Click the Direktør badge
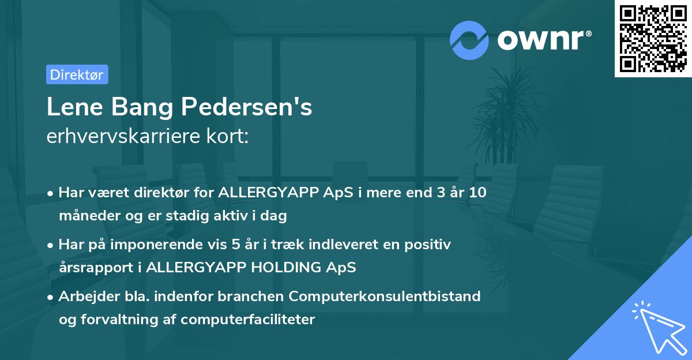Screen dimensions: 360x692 77,74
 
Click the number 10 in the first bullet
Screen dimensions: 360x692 477,193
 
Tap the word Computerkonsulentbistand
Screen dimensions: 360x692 385,296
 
